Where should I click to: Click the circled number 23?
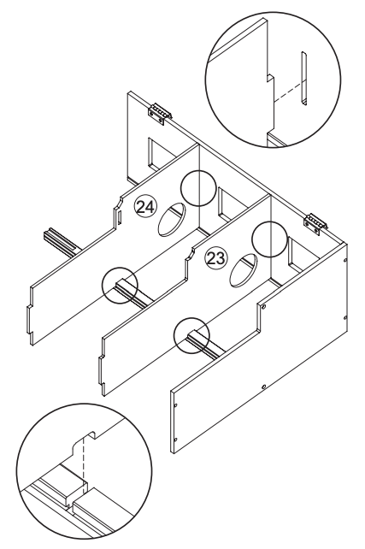point(217,254)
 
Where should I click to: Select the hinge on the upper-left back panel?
point(160,112)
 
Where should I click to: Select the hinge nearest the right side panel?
point(315,220)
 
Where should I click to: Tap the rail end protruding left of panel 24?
point(58,238)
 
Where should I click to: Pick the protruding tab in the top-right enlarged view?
point(268,91)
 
